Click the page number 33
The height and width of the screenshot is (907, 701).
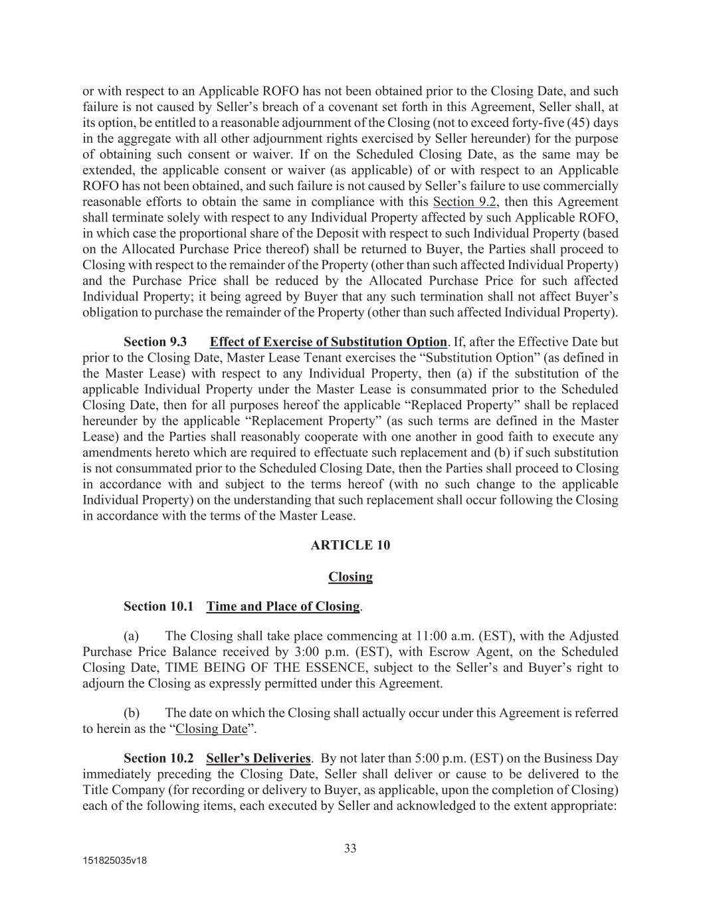point(350,848)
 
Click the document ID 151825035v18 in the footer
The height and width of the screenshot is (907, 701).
point(115,860)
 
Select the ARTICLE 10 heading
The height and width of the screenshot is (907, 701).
point(350,545)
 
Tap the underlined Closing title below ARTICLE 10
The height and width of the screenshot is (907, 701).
point(350,577)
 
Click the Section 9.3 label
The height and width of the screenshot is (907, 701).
point(155,342)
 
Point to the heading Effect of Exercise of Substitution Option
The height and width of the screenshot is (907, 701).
point(328,342)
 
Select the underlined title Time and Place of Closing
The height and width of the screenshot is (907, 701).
point(283,606)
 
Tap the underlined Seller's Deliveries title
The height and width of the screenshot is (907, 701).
point(258,758)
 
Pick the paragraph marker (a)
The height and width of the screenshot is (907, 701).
point(132,635)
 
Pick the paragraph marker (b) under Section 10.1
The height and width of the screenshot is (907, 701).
point(132,713)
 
